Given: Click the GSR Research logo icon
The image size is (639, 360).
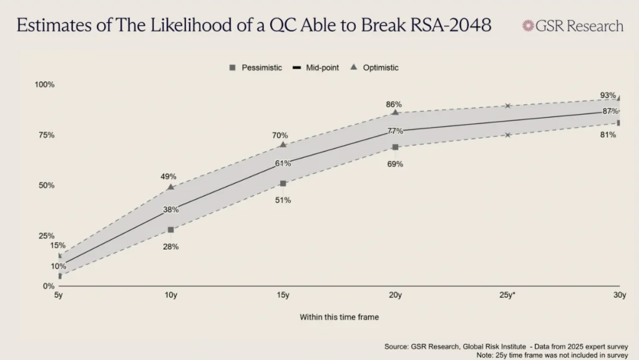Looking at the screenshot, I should [x=528, y=26].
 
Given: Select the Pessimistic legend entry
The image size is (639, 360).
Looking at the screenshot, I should [x=256, y=67].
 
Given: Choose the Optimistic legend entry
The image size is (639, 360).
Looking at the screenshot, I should [x=374, y=67].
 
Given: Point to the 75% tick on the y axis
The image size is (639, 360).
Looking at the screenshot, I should [x=46, y=135].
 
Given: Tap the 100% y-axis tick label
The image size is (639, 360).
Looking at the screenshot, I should [x=44, y=84].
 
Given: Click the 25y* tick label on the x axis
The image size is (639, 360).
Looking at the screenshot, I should [x=506, y=295].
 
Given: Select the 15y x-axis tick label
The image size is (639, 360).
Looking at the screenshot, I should [x=283, y=295].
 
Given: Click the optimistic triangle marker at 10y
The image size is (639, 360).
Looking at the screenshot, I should [x=170, y=187].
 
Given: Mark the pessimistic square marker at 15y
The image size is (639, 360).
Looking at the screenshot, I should [x=283, y=183].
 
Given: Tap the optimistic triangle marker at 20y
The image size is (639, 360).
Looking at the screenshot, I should [x=395, y=112].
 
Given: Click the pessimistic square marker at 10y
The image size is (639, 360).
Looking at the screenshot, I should [x=170, y=230].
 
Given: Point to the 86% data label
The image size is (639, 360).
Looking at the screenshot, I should [x=394, y=104].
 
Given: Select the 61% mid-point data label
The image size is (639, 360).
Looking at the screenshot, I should [x=283, y=163].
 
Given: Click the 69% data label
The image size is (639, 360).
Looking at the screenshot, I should [x=395, y=164].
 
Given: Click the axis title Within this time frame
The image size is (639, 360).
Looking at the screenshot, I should [x=339, y=317].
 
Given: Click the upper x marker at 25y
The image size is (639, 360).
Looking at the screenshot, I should [x=508, y=106].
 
